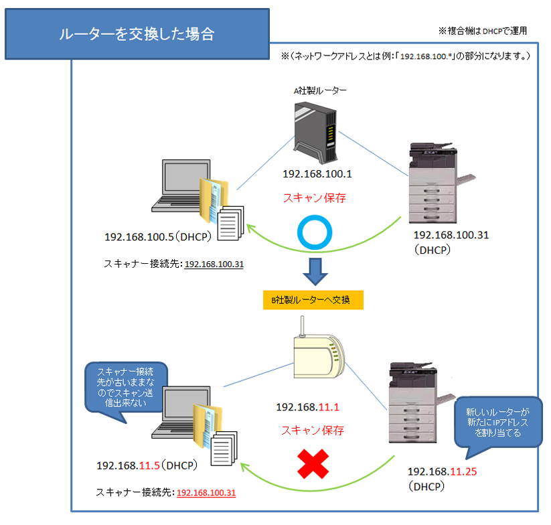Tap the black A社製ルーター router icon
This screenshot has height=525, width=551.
(x=317, y=130)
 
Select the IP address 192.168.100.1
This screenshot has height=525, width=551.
(x=317, y=174)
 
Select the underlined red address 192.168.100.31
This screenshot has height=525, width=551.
(x=206, y=493)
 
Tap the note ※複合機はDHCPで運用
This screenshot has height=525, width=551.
(x=482, y=31)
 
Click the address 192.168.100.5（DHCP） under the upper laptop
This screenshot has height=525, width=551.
(x=156, y=237)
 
